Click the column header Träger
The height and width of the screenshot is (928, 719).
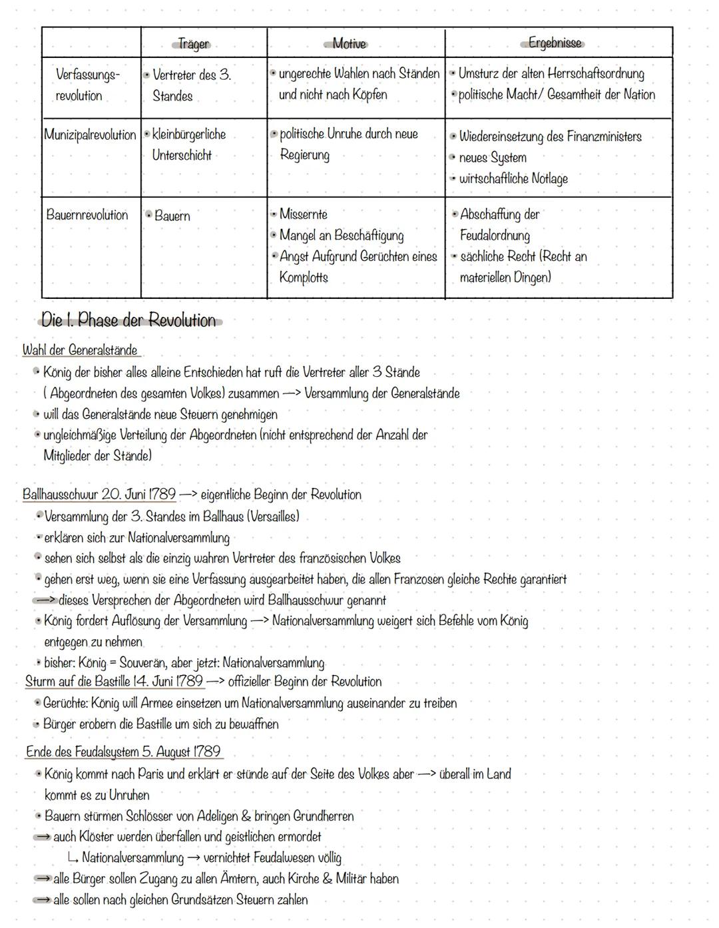pyautogui.click(x=194, y=44)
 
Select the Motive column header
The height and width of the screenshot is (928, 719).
pyautogui.click(x=350, y=44)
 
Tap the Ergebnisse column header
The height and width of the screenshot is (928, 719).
pyautogui.click(x=555, y=43)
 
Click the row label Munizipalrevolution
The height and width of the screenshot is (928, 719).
pyautogui.click(x=90, y=134)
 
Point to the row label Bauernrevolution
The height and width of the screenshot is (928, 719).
pyautogui.click(x=87, y=215)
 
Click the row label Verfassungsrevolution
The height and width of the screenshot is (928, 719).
pyautogui.click(x=87, y=85)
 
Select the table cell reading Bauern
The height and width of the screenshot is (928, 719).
pyautogui.click(x=172, y=216)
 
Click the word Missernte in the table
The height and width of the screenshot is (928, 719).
pyautogui.click(x=303, y=214)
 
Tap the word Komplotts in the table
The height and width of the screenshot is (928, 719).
pyautogui.click(x=304, y=278)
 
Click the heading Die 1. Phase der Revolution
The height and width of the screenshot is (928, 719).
pyautogui.click(x=128, y=321)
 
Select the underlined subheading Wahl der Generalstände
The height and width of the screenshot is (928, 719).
pyautogui.click(x=80, y=350)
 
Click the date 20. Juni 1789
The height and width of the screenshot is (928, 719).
pyautogui.click(x=138, y=495)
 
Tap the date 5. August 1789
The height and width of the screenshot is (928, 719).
pyautogui.click(x=180, y=752)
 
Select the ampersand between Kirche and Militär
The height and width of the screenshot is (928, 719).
pyautogui.click(x=327, y=879)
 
